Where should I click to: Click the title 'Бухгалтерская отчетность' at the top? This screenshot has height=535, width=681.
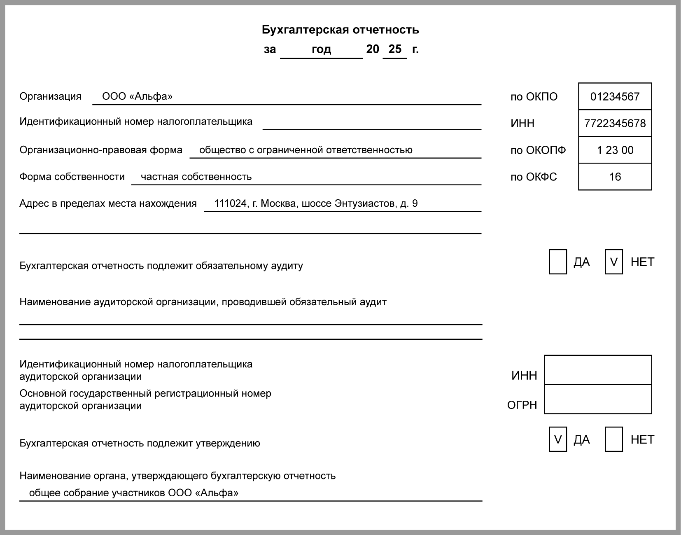(x=340, y=30)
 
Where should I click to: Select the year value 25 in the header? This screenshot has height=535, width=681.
(x=394, y=49)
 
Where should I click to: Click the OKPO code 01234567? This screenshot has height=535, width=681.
(x=615, y=97)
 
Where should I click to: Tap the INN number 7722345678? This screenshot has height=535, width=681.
(x=615, y=124)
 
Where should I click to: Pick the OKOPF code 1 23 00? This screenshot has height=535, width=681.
(x=615, y=150)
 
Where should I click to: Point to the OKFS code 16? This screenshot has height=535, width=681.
(x=615, y=177)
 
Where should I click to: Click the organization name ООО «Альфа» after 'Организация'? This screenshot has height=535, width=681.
(x=137, y=96)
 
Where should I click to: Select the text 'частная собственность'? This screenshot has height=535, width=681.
(x=196, y=177)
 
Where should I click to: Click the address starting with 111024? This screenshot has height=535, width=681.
(x=316, y=203)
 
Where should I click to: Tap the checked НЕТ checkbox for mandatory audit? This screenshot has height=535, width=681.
(x=613, y=262)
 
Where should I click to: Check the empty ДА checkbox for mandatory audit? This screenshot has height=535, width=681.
(x=558, y=262)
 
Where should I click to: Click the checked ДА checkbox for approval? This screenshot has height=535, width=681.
(x=558, y=439)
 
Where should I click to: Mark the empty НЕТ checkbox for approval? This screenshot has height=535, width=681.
(x=613, y=439)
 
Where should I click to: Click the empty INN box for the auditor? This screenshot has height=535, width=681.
(x=598, y=370)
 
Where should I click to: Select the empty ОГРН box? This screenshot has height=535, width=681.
(x=598, y=399)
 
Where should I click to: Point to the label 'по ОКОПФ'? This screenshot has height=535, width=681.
(x=538, y=150)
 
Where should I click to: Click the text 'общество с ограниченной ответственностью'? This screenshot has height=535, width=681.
(x=306, y=150)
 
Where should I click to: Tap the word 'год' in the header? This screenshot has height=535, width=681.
(x=321, y=49)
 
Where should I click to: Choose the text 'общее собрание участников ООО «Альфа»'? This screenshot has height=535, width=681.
(x=133, y=493)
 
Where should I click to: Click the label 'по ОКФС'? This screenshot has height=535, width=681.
(x=534, y=177)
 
